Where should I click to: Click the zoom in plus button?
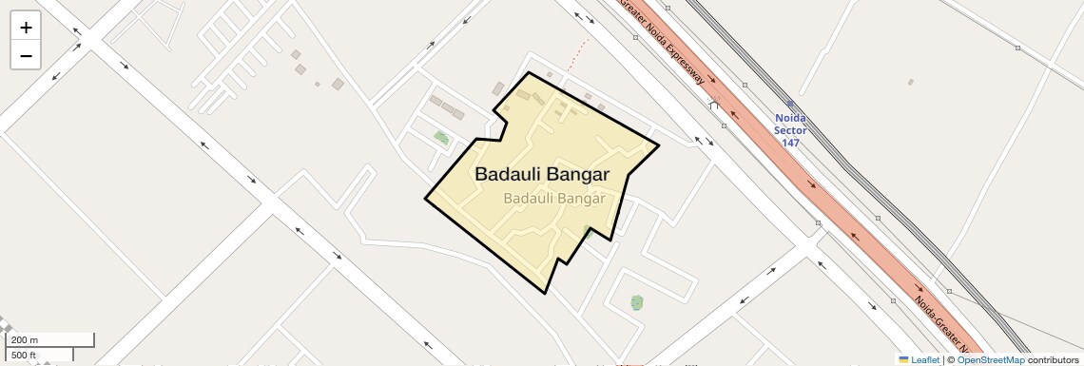26,28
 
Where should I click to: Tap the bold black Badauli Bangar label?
541,175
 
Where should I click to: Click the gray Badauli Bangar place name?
553,199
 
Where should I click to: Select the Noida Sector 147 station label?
791,130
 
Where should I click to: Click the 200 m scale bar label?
25,340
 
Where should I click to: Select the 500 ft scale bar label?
25,356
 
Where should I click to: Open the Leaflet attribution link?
924,359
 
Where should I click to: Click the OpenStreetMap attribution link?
990,359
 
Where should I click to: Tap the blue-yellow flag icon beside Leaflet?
903,359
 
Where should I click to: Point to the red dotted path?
578,55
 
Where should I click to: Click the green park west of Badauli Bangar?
441,138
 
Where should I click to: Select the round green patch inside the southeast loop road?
636,302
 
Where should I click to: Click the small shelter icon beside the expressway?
714,105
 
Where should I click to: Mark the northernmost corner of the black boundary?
529,72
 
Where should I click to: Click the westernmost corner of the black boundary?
425,200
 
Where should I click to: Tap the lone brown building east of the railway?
910,82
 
